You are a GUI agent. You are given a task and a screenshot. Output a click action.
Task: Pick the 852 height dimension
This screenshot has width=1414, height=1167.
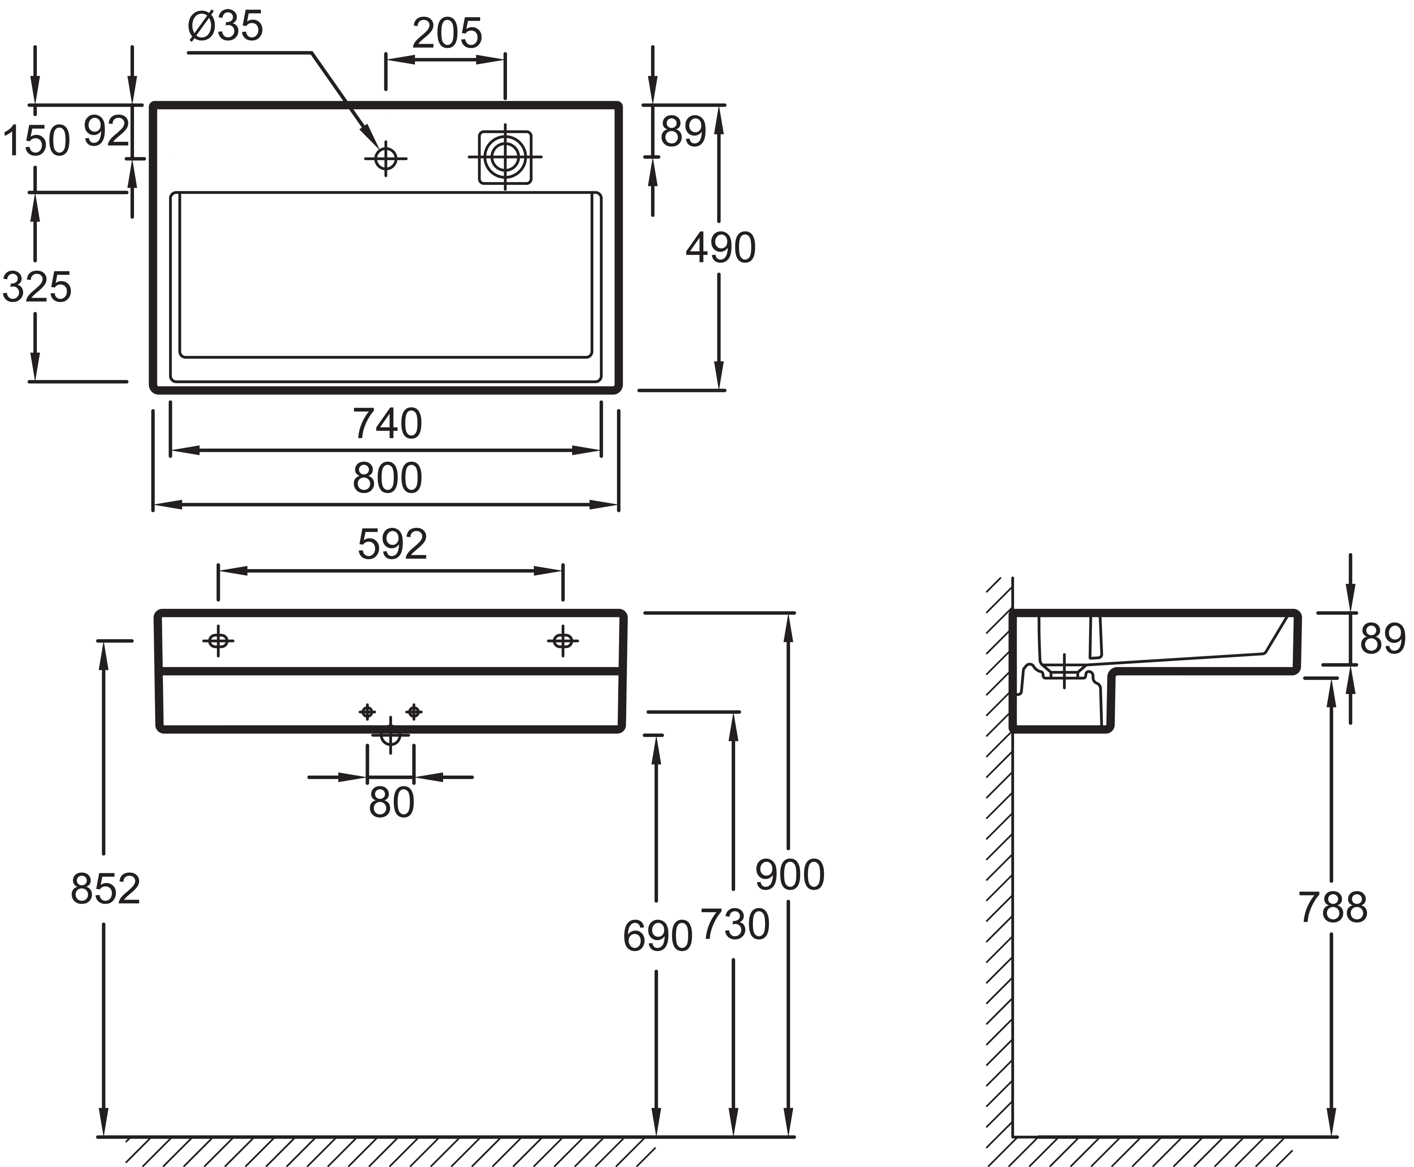105,889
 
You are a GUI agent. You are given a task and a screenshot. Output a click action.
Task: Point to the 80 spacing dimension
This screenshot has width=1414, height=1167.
391,803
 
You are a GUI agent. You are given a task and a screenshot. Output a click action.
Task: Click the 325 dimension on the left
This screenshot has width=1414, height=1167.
37,287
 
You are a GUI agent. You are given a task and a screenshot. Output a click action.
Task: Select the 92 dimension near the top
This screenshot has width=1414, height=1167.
106,132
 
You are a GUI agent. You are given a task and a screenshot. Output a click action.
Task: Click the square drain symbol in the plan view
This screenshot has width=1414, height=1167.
505,157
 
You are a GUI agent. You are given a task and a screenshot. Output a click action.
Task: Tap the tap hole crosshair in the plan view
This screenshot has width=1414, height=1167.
386,159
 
